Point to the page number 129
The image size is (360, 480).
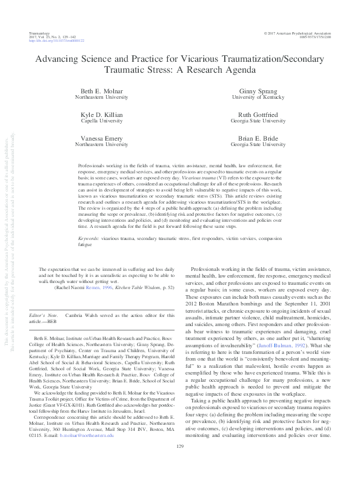pyautogui.click(x=179, y=464)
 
